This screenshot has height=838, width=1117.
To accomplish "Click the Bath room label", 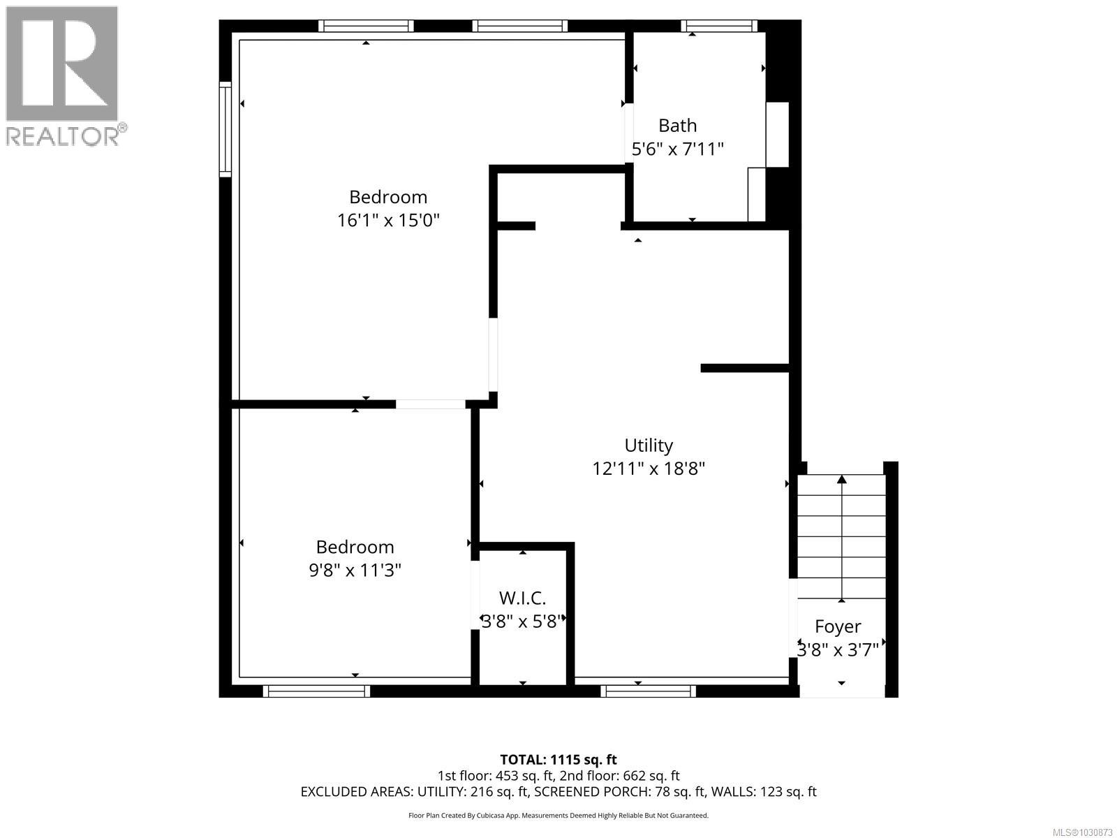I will (677, 126).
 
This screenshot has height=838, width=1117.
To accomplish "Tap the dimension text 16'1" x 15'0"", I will (388, 221).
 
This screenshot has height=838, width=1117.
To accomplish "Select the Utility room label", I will (649, 446).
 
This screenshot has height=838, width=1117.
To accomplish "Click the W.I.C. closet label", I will (522, 598).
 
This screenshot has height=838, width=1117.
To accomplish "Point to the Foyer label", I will (838, 626).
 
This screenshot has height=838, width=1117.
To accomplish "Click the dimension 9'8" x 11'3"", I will (355, 571).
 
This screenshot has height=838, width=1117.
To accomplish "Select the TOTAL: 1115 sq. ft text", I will (558, 760).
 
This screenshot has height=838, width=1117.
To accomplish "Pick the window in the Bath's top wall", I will (719, 27).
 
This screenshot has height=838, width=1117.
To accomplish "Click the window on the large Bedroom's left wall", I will (225, 129).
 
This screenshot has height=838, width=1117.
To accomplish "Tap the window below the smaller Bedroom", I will (317, 691).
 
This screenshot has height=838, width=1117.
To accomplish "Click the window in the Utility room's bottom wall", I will (649, 691).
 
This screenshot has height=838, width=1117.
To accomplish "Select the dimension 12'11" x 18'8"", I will (649, 469).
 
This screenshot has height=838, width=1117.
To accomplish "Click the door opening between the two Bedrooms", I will (431, 404).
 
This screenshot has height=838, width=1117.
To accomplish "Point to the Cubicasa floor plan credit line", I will (558, 815).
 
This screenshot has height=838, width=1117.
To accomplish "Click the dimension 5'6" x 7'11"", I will (677, 149).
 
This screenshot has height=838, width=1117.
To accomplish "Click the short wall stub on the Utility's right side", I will (744, 368).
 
